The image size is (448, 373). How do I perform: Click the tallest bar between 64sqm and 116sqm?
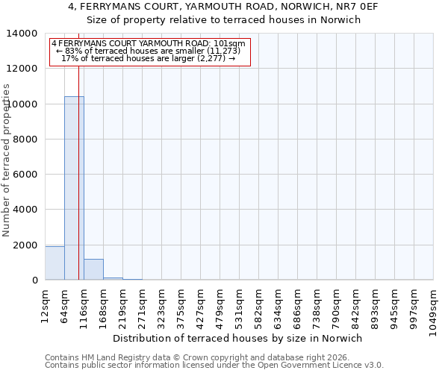(74, 188)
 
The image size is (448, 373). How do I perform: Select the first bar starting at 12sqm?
(55, 263)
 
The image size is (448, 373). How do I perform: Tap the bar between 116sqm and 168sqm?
(93, 269)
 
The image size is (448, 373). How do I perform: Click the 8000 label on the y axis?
(25, 140)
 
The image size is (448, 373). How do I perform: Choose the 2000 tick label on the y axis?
(25, 245)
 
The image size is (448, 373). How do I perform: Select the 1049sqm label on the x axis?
(433, 308)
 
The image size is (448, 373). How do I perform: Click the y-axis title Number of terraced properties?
(7, 160)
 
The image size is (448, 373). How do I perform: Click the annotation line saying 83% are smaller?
(147, 51)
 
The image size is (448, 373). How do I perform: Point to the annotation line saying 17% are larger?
(148, 58)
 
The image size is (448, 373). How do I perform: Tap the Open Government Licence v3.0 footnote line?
(214, 366)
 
